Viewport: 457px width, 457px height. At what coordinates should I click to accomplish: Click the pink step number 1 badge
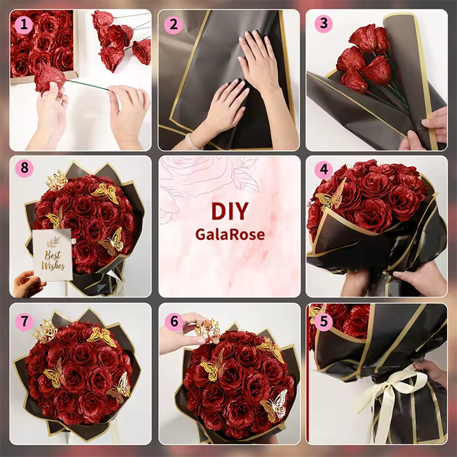pyautogui.click(x=23, y=25)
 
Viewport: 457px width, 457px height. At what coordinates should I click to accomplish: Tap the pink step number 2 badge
pyautogui.click(x=173, y=25)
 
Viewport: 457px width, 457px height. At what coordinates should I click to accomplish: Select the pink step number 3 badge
pyautogui.click(x=324, y=23)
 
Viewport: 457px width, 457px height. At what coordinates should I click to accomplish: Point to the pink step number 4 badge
pyautogui.click(x=324, y=170)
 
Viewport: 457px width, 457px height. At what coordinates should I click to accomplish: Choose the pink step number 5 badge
pyautogui.click(x=324, y=322)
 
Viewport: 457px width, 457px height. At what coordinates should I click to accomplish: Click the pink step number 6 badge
pyautogui.click(x=174, y=322)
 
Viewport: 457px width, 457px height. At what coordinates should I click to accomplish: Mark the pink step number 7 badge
pyautogui.click(x=24, y=322)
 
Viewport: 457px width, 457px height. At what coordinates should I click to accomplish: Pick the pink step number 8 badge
pyautogui.click(x=24, y=168)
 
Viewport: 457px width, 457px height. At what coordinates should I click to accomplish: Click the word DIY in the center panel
pyautogui.click(x=230, y=211)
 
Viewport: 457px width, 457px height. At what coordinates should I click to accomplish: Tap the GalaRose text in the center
pyautogui.click(x=230, y=234)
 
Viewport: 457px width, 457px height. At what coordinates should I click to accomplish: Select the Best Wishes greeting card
pyautogui.click(x=53, y=255)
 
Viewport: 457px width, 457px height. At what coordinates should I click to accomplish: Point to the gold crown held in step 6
pyautogui.click(x=207, y=331)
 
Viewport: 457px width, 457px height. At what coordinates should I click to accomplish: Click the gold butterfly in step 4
pyautogui.click(x=331, y=195)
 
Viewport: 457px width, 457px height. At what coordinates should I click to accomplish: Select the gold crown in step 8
pyautogui.click(x=56, y=180)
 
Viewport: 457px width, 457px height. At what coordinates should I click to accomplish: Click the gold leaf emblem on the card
pyautogui.click(x=53, y=242)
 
